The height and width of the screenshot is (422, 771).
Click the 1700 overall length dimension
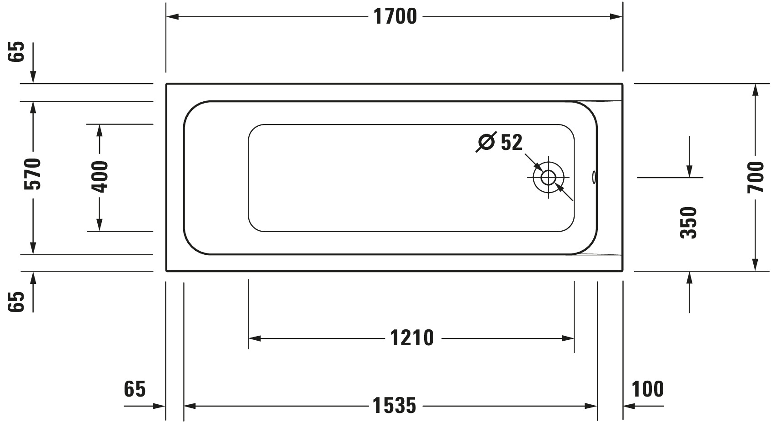click(395, 16)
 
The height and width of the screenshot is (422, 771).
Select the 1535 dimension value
click(394, 406)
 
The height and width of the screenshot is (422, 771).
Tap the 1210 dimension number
click(412, 338)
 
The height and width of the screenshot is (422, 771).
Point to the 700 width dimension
click(756, 177)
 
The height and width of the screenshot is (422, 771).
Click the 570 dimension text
click(33, 174)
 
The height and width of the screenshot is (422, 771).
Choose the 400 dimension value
click(100, 177)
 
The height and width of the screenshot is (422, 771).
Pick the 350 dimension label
click(689, 223)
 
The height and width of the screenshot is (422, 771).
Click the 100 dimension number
click(648, 389)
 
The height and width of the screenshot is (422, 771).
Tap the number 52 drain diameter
click(511, 142)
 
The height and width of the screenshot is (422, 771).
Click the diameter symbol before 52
click(486, 142)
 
